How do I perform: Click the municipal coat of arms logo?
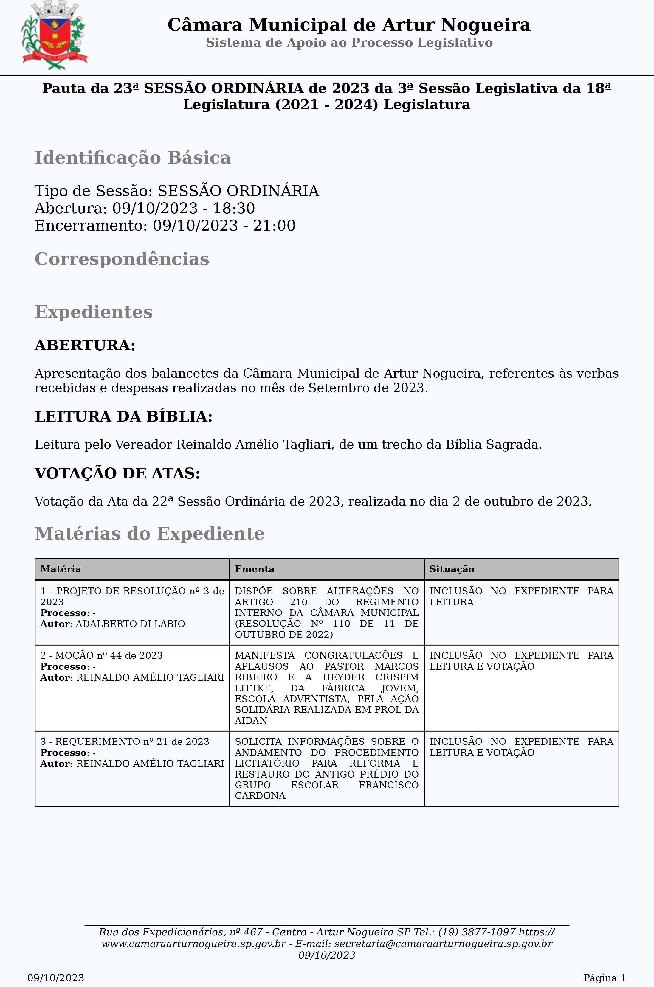point(55,35)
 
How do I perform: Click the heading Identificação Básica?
point(133,158)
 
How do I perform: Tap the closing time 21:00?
point(275,226)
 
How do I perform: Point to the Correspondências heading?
point(122,259)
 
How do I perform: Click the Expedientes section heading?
point(93,312)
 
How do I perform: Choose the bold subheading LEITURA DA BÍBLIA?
point(123,416)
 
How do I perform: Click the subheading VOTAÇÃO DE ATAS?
point(117,473)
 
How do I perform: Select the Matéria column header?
point(61,569)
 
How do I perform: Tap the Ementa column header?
point(255,569)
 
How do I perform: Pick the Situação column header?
point(452,569)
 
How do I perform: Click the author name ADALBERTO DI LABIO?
point(130,624)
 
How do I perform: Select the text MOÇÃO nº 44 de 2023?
point(109,656)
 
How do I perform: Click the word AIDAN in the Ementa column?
point(251,721)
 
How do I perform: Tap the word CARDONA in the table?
point(260,796)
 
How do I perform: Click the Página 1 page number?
point(604,978)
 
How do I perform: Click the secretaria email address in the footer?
point(443,944)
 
